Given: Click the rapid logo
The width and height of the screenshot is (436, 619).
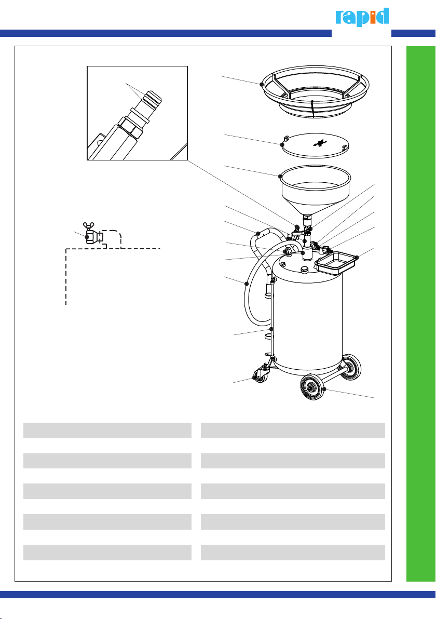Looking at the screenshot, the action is pyautogui.click(x=362, y=17).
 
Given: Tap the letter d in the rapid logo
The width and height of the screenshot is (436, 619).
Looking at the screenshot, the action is pyautogui.click(x=383, y=16).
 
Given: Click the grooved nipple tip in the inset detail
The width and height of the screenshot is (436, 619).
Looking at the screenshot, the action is pyautogui.click(x=153, y=98).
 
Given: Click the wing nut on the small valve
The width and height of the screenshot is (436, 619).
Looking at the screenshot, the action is pyautogui.click(x=89, y=226).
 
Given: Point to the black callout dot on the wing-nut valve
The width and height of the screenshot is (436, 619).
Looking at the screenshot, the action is pyautogui.click(x=87, y=237).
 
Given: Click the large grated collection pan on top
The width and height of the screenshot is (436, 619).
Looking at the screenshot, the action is pyautogui.click(x=315, y=91).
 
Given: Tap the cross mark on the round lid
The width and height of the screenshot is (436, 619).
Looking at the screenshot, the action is pyautogui.click(x=320, y=143).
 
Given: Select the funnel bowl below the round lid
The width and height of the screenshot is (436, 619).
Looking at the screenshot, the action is pyautogui.click(x=315, y=190).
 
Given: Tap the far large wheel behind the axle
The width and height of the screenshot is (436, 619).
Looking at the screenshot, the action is pyautogui.click(x=350, y=367).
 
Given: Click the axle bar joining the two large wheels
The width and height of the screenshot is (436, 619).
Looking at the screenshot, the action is pyautogui.click(x=333, y=377).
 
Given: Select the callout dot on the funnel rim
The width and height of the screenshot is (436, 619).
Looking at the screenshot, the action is pyautogui.click(x=280, y=177).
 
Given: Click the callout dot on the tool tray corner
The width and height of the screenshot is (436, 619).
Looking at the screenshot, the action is pyautogui.click(x=356, y=258).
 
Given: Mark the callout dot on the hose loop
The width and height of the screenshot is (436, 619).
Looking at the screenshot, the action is pyautogui.click(x=247, y=284).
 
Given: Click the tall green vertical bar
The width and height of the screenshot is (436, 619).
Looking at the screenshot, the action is pyautogui.click(x=421, y=314).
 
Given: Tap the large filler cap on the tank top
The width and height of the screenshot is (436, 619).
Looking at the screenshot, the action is pyautogui.click(x=305, y=270).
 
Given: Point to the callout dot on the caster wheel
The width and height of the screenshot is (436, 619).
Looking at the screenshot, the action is pyautogui.click(x=254, y=378).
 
